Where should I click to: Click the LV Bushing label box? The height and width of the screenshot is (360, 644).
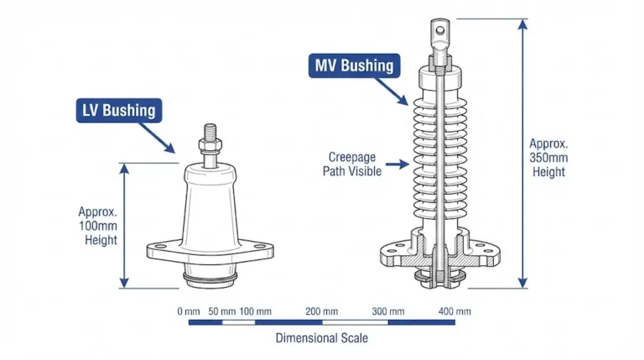click(117, 110)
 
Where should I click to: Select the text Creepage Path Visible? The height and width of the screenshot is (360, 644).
click(352, 164)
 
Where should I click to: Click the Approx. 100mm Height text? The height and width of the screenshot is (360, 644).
click(98, 226)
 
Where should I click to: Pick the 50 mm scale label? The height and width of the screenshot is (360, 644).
click(221, 311)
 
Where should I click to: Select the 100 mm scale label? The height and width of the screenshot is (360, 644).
click(256, 311)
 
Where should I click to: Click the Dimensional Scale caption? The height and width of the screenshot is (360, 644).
click(322, 338)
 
